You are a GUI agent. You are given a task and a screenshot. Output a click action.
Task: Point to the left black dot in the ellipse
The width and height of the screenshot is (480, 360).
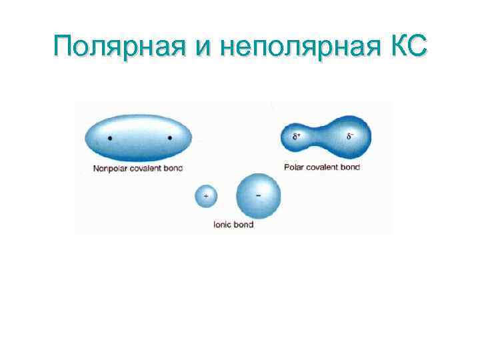coord(110,138)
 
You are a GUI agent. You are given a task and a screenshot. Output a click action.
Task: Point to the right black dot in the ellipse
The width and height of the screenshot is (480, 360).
coord(169,138)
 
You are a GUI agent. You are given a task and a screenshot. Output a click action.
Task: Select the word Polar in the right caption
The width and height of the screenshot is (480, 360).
coord(294,167)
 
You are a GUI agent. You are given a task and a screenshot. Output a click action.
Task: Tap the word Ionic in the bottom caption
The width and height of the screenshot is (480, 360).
coord(221,225)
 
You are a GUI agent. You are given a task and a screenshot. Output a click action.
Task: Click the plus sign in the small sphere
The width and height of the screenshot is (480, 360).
coord(205,196)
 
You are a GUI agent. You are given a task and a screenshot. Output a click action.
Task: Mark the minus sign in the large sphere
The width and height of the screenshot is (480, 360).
coord(258,187)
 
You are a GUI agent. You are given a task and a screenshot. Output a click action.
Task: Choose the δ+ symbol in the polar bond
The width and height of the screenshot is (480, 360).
coord(297,137)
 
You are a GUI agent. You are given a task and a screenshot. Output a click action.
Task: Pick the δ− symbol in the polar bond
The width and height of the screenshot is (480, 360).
coord(349,137)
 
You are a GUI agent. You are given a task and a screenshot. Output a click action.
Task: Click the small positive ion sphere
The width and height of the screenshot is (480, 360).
coord(205,196)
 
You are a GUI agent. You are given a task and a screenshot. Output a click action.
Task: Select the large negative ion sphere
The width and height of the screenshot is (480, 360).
coord(259,195)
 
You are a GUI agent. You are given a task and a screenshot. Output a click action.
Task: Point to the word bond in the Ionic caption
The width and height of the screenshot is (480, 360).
coord(243,225)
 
